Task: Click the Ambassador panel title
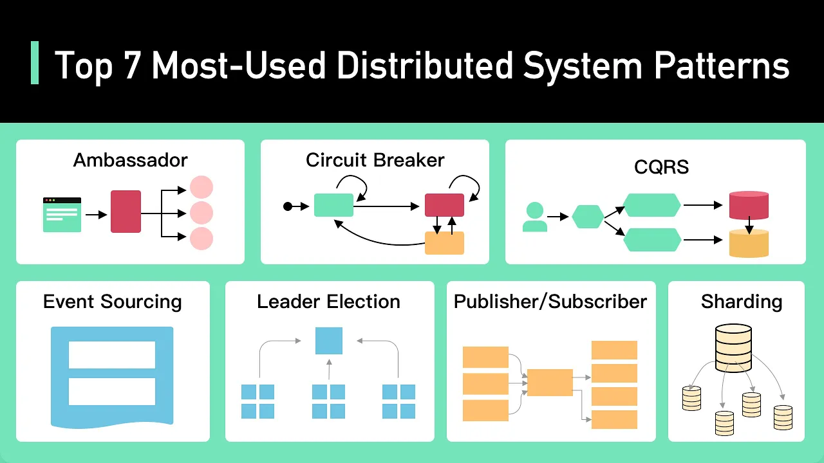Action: (130, 160)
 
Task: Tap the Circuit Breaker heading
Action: (375, 160)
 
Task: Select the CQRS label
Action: (661, 167)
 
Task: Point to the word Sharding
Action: (741, 302)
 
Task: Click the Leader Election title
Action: (328, 302)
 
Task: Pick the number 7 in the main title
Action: (132, 65)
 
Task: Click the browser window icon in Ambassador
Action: (62, 215)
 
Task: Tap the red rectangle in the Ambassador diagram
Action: (126, 212)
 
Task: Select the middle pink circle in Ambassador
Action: (201, 213)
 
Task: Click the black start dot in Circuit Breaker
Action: (288, 206)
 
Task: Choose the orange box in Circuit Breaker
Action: (444, 243)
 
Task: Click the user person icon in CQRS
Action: (535, 217)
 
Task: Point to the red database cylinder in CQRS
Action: (749, 205)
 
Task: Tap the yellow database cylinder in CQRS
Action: (749, 243)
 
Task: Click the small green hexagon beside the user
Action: (588, 217)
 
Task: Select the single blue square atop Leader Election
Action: (329, 341)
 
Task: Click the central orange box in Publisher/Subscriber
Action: (550, 383)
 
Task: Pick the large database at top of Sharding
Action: (733, 348)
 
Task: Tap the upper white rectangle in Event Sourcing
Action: (112, 354)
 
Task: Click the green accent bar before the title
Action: (35, 63)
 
